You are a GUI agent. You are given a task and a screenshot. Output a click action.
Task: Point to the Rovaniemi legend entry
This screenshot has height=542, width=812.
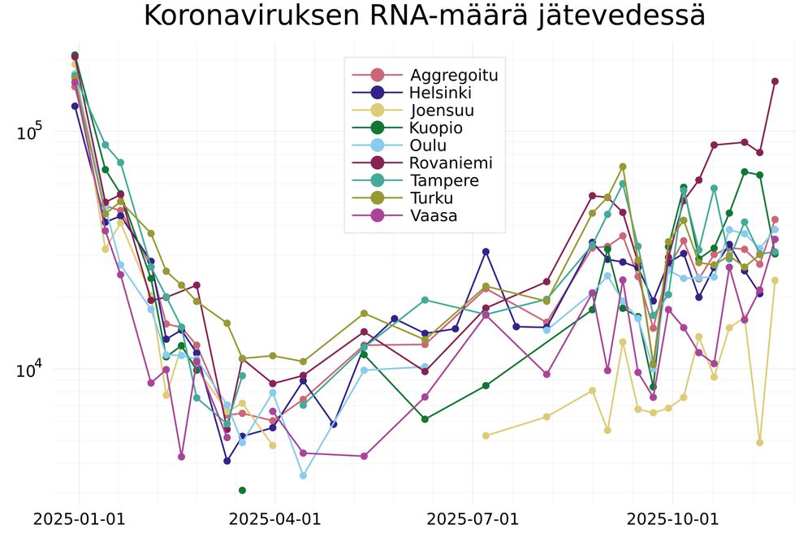click(x=451, y=163)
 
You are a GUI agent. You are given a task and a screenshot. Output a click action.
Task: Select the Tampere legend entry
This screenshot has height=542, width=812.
click(x=444, y=180)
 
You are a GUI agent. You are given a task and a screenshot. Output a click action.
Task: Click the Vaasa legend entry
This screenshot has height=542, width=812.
click(x=433, y=216)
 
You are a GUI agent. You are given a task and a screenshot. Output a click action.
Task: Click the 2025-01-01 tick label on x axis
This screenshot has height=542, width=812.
click(x=79, y=519)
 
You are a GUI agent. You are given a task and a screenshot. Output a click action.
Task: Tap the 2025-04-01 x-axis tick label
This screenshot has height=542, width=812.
click(x=275, y=519)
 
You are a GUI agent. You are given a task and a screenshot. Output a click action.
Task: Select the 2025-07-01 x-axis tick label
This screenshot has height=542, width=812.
click(x=472, y=519)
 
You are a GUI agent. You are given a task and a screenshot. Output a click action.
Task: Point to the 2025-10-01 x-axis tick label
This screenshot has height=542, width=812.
click(x=672, y=519)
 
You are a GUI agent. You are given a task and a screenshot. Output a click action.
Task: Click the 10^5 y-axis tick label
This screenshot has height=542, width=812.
click(x=30, y=132)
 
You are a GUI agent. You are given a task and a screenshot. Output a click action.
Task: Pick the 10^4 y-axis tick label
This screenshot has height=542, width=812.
click(x=30, y=370)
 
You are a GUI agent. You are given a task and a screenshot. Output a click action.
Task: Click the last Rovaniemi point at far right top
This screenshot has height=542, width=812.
click(x=775, y=81)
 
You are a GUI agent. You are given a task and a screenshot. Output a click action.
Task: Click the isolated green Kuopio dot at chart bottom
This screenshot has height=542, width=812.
click(x=242, y=490)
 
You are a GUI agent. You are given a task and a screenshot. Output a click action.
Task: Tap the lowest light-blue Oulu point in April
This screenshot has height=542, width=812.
click(x=303, y=475)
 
